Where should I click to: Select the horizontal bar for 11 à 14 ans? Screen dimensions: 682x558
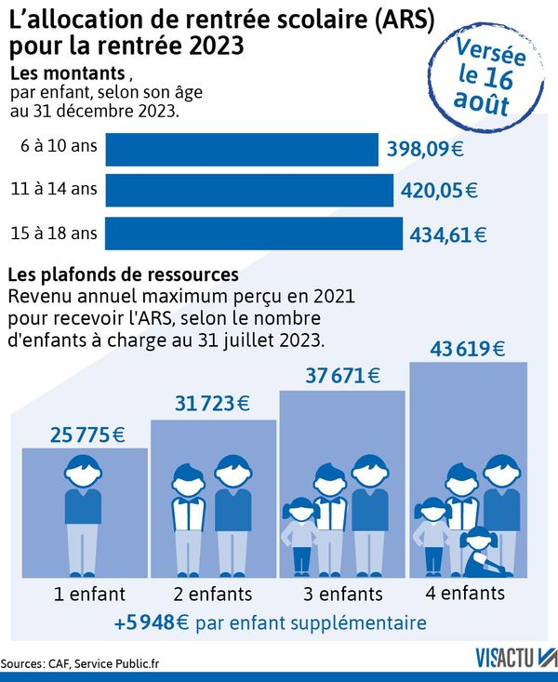coord(249,190)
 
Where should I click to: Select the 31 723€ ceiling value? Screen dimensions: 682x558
coord(213,405)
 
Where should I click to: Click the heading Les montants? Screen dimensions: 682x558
coord(68,73)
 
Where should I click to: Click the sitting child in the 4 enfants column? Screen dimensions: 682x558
coord(480,550)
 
